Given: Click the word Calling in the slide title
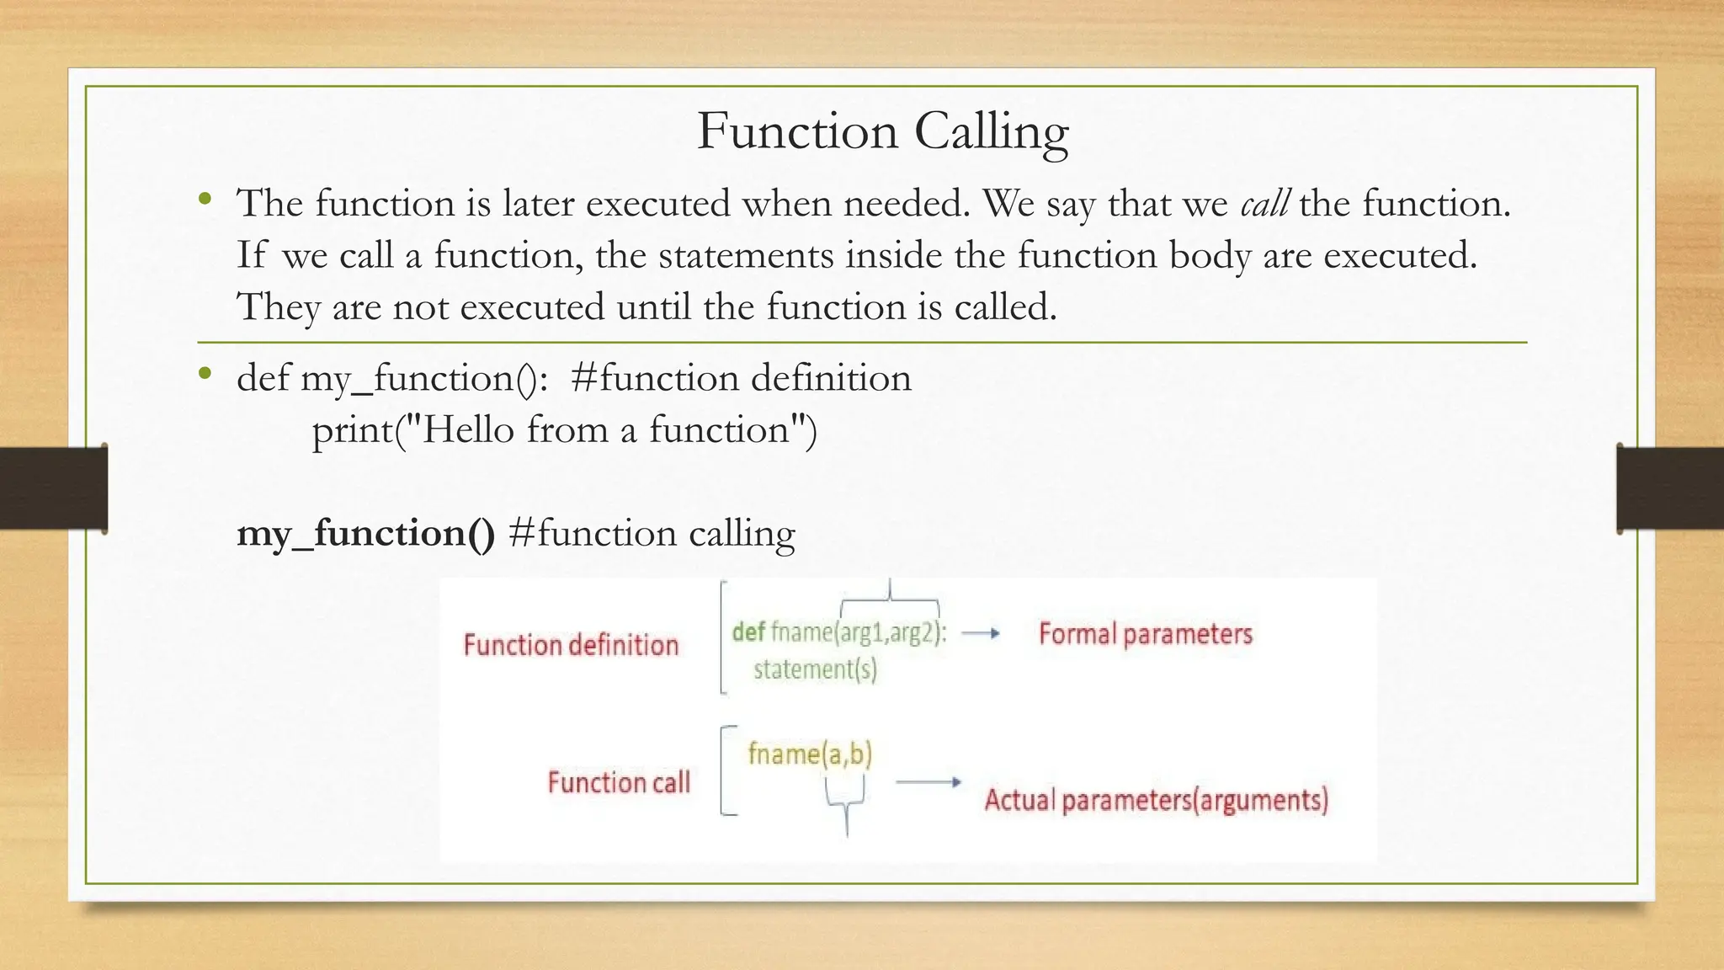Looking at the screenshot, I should coord(991,132).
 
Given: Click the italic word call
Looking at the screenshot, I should coord(1264,204).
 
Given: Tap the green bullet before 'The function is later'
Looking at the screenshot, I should coord(205,200).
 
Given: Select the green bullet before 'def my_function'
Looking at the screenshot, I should coord(205,375).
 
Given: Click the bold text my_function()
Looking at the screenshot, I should coord(365,533).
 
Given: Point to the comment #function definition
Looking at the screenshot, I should coord(741,378).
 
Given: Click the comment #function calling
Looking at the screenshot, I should coord(652,533).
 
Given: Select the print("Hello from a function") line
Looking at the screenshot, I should coord(564,430).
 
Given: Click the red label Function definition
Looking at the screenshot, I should coord(571,645).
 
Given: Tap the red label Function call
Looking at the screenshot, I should coord(619,782).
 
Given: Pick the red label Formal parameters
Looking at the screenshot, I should coord(1145,634).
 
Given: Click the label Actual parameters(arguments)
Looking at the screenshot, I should coord(1156,800).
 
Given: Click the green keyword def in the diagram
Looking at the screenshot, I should coord(748,632).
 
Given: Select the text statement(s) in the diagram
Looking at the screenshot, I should coord(815,669).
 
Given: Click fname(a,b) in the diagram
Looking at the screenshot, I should coord(810,753).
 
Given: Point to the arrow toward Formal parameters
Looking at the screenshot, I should coord(981,633).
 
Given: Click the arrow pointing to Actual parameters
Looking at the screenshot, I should coord(928,782).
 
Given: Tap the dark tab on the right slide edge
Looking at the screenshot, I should coord(1670,488).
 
